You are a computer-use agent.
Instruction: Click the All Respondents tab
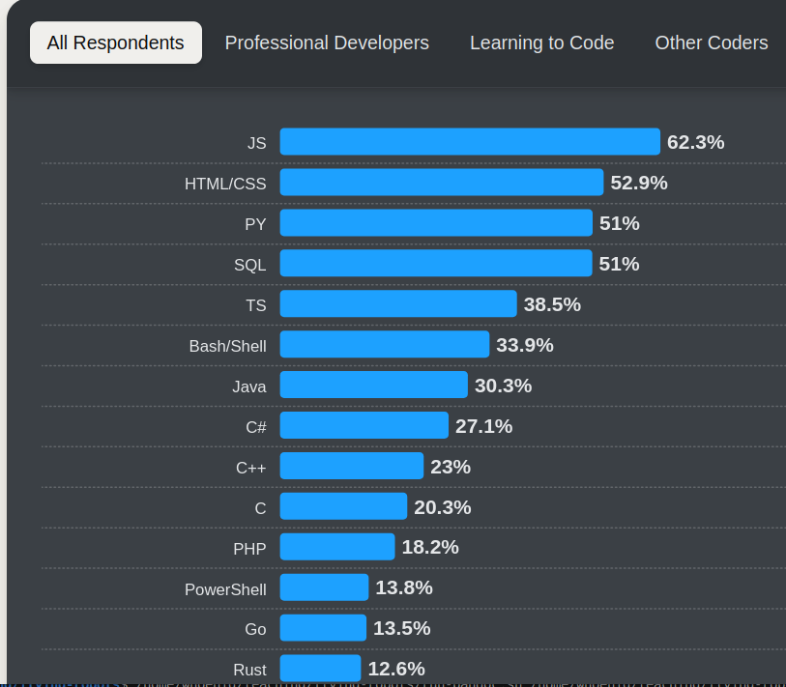pos(116,43)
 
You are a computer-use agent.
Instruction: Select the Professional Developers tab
pos(327,43)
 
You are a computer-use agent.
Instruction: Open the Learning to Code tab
pos(541,43)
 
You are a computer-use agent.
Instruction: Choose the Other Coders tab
pos(712,43)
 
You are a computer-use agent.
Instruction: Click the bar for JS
pos(470,142)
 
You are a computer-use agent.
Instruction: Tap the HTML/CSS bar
pos(442,183)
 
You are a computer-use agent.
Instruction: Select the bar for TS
pos(398,304)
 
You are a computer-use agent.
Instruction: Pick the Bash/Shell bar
pos(385,345)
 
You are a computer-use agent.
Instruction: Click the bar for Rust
pos(320,669)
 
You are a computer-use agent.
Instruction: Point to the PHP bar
pos(337,547)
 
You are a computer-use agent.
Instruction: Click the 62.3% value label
pos(695,142)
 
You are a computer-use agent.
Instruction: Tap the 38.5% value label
pos(552,304)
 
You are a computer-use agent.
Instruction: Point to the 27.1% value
pos(483,426)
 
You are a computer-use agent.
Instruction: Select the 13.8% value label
pos(404,587)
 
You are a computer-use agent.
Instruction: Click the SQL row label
pos(249,265)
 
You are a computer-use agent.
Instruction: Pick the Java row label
pos(248,386)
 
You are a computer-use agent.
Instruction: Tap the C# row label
pos(256,427)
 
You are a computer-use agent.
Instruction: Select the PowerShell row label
pos(225,589)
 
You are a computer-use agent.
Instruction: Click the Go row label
pos(255,629)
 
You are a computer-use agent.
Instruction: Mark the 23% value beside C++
pos(451,467)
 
